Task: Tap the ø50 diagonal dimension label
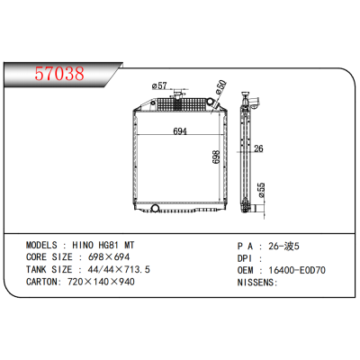[220, 88]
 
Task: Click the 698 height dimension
[217, 157]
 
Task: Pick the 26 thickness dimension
[257, 149]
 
